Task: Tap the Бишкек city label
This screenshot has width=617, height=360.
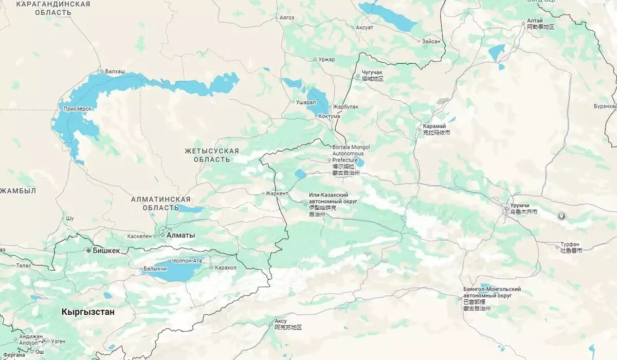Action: click(x=106, y=250)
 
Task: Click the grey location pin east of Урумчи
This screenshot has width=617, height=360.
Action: click(x=561, y=216)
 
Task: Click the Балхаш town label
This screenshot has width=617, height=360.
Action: click(x=115, y=71)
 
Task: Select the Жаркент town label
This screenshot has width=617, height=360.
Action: click(x=277, y=194)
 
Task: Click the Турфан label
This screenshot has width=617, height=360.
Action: click(x=570, y=244)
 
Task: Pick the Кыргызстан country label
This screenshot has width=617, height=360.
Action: click(x=88, y=312)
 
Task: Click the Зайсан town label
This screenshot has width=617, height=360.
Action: click(x=431, y=41)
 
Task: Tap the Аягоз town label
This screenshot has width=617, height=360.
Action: click(x=286, y=17)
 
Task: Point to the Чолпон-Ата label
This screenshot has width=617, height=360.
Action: click(x=187, y=261)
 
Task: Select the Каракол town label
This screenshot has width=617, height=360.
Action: click(x=226, y=268)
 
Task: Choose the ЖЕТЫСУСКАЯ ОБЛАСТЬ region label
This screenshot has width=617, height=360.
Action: click(x=212, y=155)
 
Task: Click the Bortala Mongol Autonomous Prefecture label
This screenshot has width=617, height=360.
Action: click(x=351, y=153)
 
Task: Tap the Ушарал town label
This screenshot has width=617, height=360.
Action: click(x=305, y=102)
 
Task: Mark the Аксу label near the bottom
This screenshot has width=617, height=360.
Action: click(x=281, y=320)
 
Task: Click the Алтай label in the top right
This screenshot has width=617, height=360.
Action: click(x=535, y=21)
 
